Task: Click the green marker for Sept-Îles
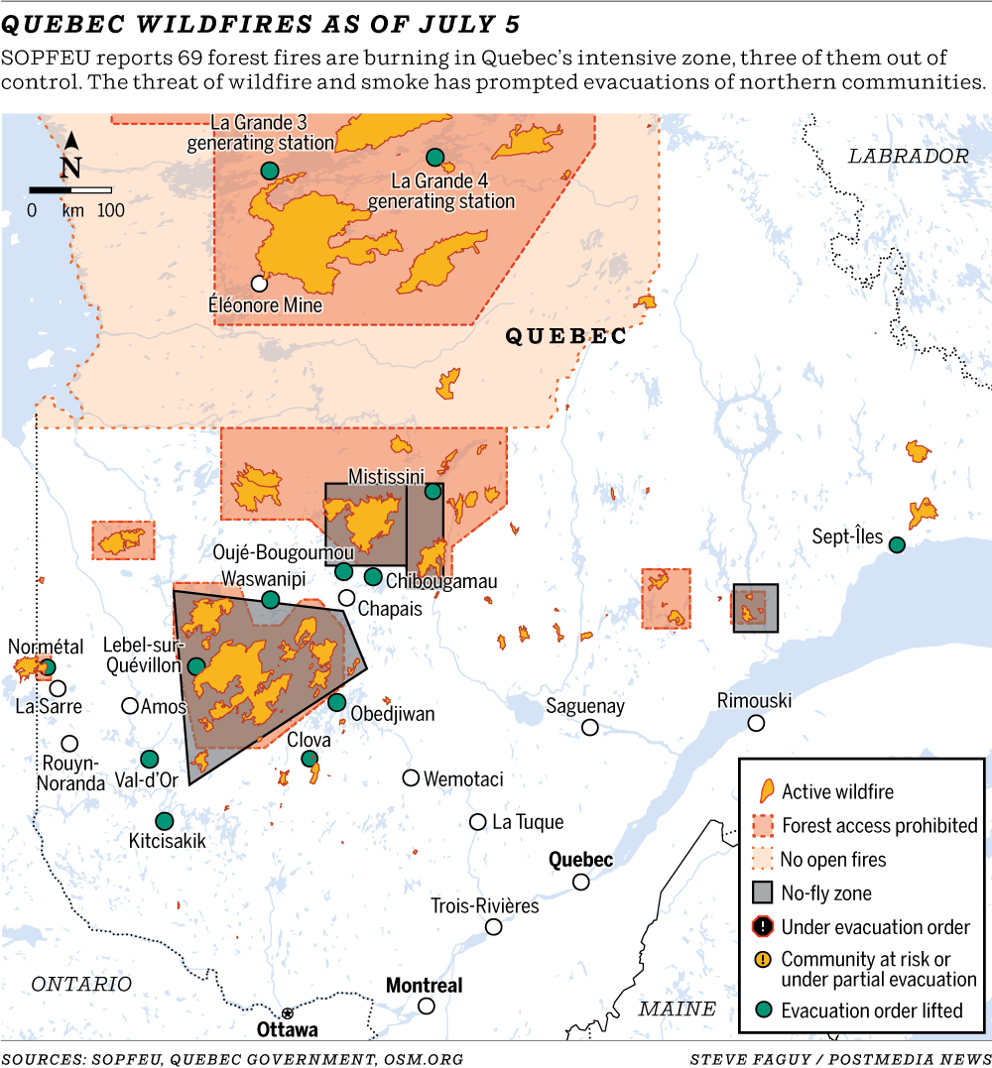897,544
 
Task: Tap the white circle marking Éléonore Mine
259,284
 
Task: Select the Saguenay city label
585,706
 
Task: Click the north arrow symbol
71,156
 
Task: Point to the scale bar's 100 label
110,210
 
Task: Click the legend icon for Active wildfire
766,791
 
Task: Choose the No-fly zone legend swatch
762,892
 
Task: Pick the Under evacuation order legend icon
762,927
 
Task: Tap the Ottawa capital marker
287,1012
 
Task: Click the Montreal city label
424,986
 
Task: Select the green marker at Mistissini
433,490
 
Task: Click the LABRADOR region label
908,156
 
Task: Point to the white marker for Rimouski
756,723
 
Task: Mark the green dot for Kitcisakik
164,821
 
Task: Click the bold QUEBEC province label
566,337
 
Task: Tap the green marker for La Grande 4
434,157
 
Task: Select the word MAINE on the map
677,1009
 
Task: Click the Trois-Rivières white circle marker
493,926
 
